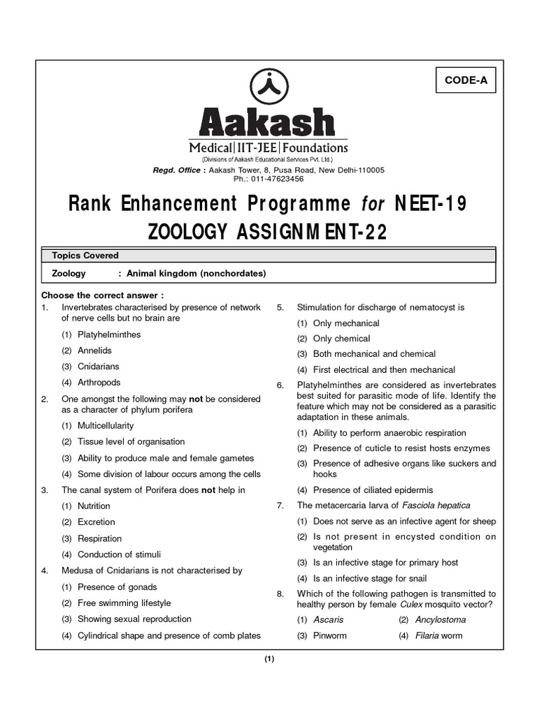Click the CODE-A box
pos(466,80)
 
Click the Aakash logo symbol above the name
pos(268,87)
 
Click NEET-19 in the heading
pos(431,204)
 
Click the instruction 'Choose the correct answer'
pos(103,295)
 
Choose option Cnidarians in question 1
pos(99,367)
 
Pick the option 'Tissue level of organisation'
pos(131,442)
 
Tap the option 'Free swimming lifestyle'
pos(124,603)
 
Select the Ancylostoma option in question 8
pos(440,620)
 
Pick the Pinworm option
pos(329,636)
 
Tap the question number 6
pos(280,385)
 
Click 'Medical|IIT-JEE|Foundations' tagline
pos(268,148)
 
